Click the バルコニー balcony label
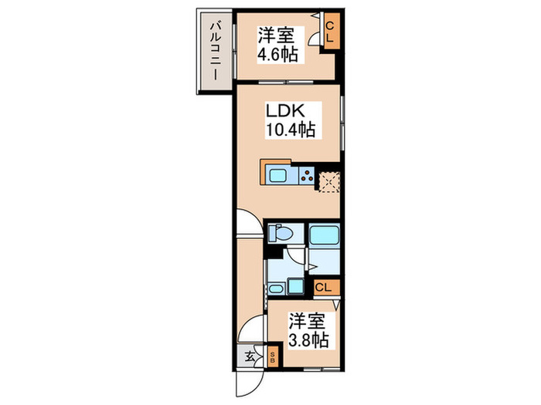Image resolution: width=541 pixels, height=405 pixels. pyautogui.click(x=213, y=55)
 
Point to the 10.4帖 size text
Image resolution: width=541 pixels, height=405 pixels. pyautogui.click(x=290, y=130)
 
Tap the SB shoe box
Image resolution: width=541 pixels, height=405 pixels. pyautogui.click(x=272, y=357)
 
